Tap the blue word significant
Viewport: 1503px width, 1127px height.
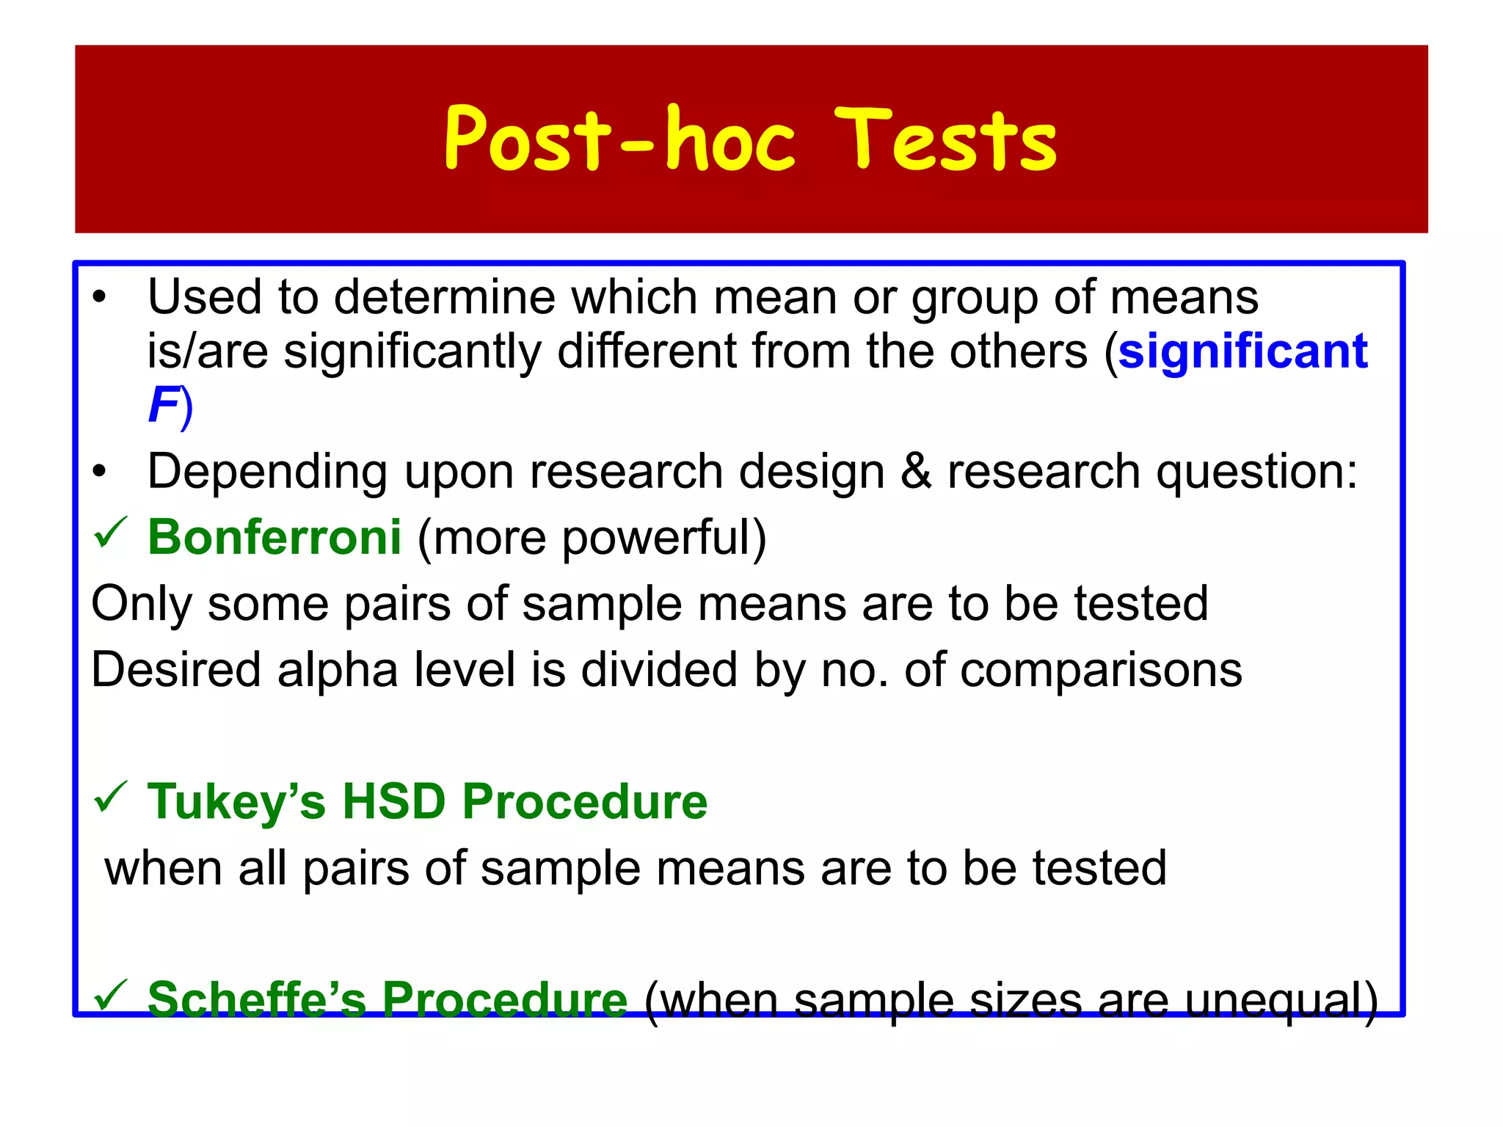click(1242, 351)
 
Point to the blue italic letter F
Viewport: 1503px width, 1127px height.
click(163, 405)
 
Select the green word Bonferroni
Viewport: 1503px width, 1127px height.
click(274, 537)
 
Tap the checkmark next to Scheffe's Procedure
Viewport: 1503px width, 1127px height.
click(111, 996)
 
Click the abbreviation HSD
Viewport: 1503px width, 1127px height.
click(394, 801)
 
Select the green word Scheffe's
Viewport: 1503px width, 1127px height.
click(256, 999)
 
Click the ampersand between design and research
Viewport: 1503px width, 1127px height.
click(915, 470)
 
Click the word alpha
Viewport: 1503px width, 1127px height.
click(337, 670)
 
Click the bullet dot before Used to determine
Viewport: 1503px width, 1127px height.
click(100, 299)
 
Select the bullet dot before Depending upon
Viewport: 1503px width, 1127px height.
click(100, 473)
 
